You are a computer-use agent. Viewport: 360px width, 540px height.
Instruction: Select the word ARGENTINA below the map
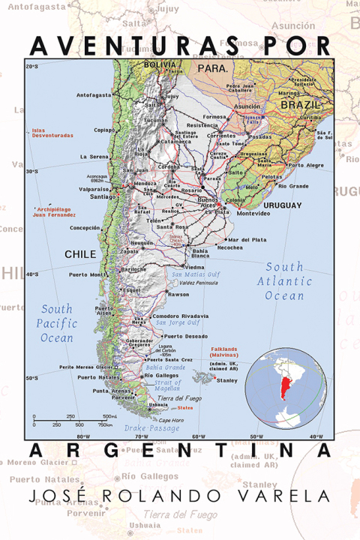click(180, 451)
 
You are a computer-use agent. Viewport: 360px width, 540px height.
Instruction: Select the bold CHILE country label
click(80, 254)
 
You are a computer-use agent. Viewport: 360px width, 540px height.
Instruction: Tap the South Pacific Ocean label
click(57, 323)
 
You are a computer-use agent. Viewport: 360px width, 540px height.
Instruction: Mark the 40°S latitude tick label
click(32, 274)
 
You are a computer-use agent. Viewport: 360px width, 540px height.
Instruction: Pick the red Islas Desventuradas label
click(52, 133)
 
